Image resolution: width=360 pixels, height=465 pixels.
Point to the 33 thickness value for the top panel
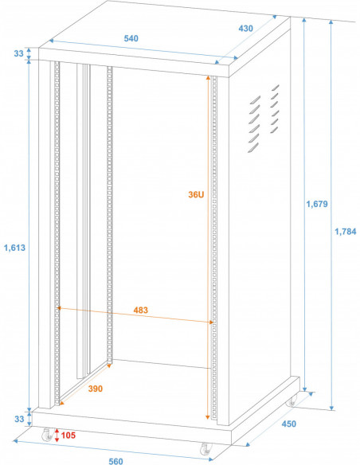coord(18,54)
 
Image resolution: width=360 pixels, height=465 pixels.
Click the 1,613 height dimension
coord(15,248)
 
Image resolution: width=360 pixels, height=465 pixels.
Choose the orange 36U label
coord(196,195)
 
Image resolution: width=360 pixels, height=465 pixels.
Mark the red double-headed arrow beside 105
coord(57,435)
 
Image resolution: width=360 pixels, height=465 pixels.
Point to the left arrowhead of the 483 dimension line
coord(61,309)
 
